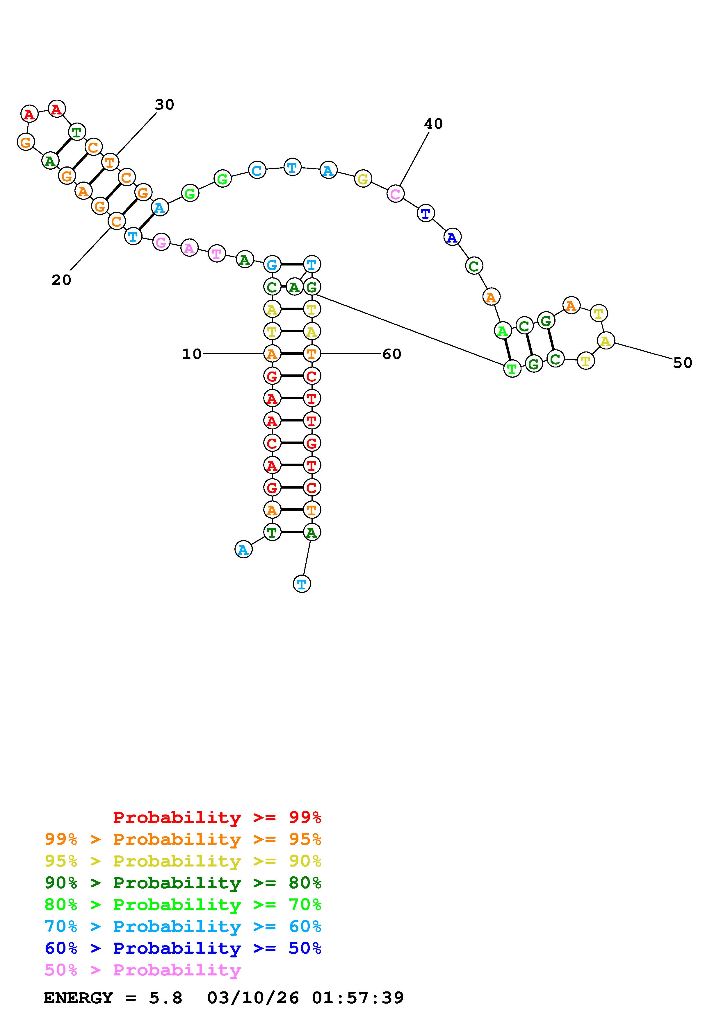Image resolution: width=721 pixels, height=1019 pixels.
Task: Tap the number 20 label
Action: pyautogui.click(x=61, y=280)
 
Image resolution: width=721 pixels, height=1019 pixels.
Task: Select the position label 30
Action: pyautogui.click(x=164, y=105)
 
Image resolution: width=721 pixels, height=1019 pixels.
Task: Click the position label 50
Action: pyautogui.click(x=683, y=363)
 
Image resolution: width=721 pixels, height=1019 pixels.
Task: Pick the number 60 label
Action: pyautogui.click(x=392, y=354)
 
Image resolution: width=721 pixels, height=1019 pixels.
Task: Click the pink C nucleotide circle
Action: pyautogui.click(x=395, y=194)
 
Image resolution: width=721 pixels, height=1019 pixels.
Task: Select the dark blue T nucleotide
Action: pyautogui.click(x=426, y=214)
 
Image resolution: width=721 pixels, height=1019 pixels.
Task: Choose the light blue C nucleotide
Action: pyautogui.click(x=257, y=170)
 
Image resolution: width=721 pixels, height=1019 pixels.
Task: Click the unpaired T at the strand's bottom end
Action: pyautogui.click(x=302, y=584)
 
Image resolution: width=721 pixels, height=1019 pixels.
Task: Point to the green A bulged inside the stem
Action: pyautogui.click(x=294, y=287)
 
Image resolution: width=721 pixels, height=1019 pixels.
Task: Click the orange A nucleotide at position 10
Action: pyautogui.click(x=272, y=354)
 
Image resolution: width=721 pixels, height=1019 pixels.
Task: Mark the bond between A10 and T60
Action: pyautogui.click(x=292, y=354)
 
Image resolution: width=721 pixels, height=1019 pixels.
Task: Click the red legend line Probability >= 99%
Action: pyautogui.click(x=217, y=817)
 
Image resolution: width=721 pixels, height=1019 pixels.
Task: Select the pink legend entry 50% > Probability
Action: pyautogui.click(x=143, y=970)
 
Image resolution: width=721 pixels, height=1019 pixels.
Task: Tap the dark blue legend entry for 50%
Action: pyautogui.click(x=183, y=948)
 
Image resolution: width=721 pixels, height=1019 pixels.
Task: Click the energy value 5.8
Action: pyautogui.click(x=166, y=998)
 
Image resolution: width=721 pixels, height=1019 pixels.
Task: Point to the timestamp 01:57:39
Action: pyautogui.click(x=358, y=998)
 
